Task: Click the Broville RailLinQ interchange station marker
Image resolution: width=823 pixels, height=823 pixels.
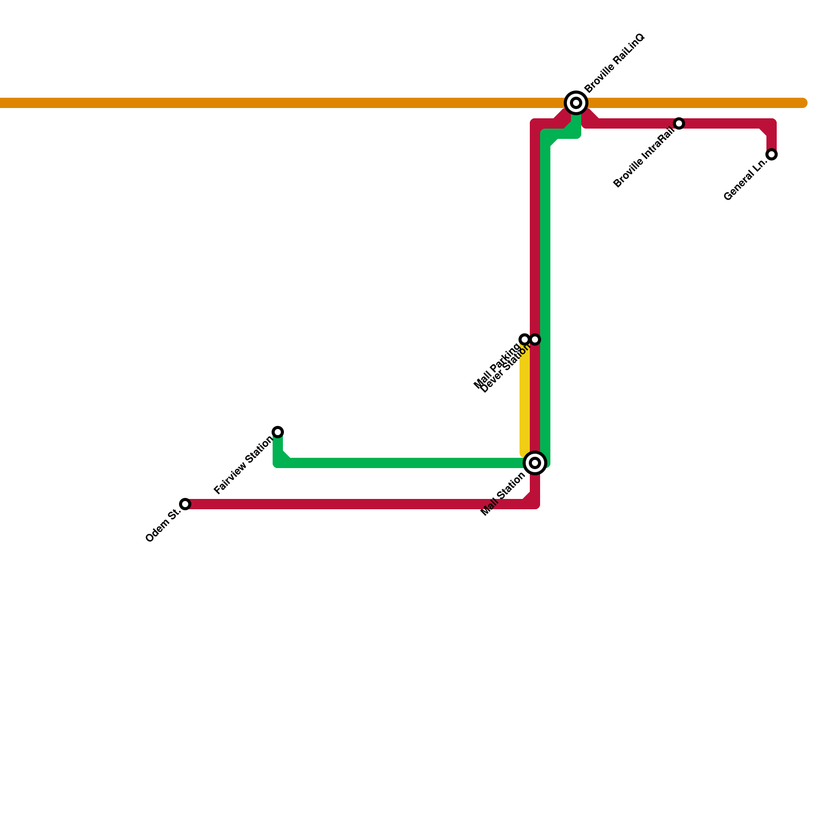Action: tap(576, 103)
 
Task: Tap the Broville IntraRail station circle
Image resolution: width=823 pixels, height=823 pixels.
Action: tap(679, 123)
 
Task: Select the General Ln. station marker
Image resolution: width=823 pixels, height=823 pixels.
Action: tap(772, 154)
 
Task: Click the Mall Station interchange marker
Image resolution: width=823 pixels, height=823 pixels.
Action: tap(535, 463)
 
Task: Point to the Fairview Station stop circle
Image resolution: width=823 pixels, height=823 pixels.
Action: tap(278, 432)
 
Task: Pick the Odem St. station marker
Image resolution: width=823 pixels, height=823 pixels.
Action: tap(185, 504)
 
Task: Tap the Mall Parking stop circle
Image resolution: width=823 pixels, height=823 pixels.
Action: tap(525, 339)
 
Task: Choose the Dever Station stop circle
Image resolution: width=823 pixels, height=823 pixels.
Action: tap(535, 339)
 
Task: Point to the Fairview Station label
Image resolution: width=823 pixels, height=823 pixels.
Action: tap(243, 465)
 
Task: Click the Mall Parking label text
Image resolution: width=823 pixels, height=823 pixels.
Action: tap(496, 366)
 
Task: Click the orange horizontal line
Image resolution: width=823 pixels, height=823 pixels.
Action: tap(309, 103)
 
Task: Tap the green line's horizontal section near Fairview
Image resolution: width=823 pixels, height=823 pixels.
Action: tap(401, 463)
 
